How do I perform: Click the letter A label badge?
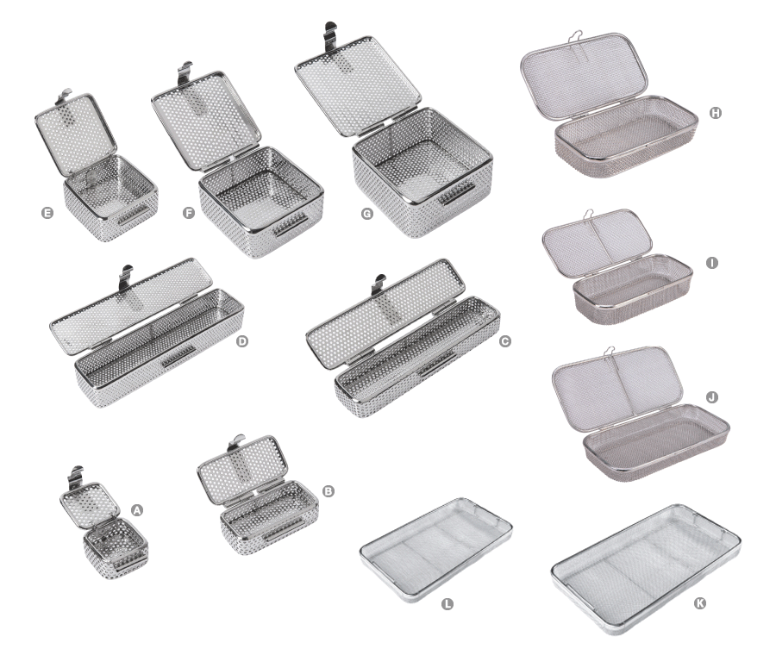136,509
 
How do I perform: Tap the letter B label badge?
328,490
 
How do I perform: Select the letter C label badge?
505,341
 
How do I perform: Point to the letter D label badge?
242,341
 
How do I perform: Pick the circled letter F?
188,212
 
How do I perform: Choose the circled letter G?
367,212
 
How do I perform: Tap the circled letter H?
715,113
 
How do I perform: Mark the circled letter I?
712,261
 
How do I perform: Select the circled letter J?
712,397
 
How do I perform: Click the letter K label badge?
699,603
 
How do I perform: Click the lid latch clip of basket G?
330,37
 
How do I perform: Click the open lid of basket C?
379,311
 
